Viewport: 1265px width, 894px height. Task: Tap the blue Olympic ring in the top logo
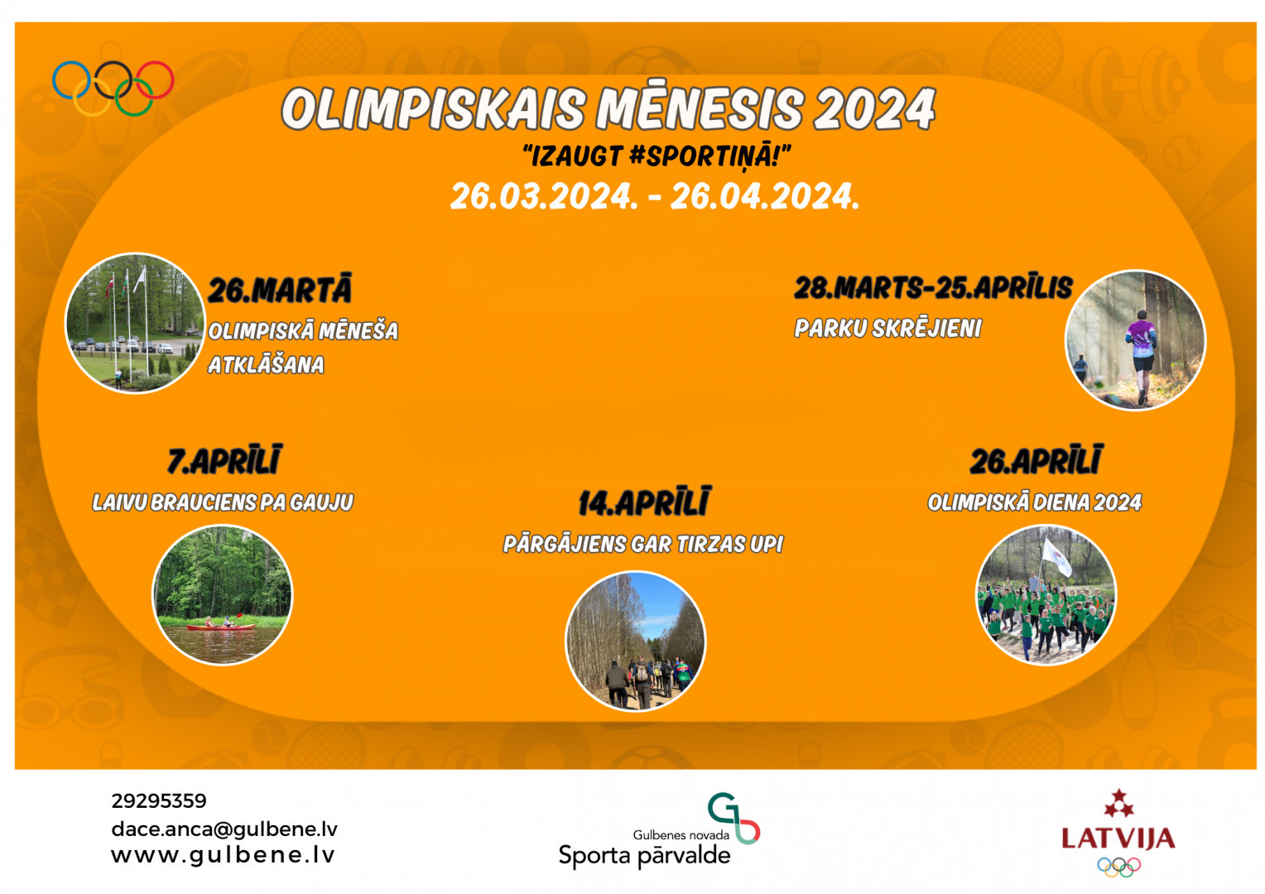(54, 80)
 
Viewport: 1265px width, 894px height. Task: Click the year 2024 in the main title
(874, 108)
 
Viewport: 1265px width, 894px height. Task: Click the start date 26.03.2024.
(544, 196)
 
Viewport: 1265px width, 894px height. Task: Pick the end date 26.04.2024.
(765, 196)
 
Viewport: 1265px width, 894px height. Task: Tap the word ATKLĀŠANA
(266, 365)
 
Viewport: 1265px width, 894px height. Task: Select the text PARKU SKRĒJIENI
(887, 328)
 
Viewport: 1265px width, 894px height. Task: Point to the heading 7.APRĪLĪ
(224, 460)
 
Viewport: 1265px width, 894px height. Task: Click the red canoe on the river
(221, 627)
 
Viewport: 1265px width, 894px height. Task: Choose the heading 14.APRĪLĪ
(644, 502)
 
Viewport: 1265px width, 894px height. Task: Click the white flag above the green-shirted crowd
(1056, 557)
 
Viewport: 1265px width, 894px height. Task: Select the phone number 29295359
(159, 800)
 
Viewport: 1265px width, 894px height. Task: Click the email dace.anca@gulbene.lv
(224, 829)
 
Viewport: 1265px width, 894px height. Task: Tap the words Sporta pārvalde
(644, 856)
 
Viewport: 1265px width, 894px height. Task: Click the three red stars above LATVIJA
(1118, 804)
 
